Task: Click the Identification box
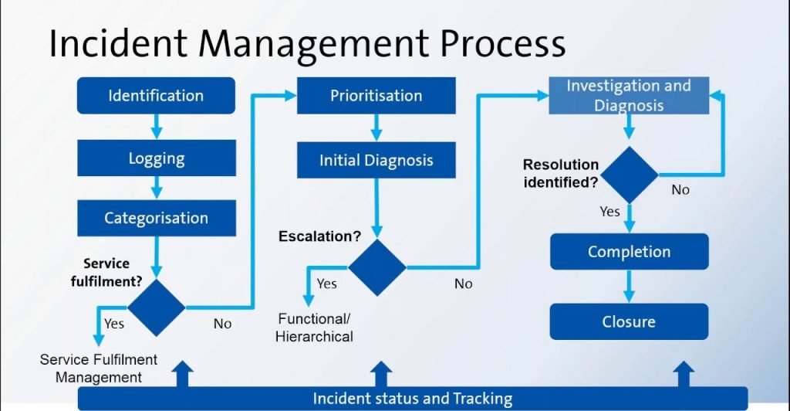pyautogui.click(x=156, y=96)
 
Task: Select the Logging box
pyautogui.click(x=156, y=159)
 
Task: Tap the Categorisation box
pyautogui.click(x=156, y=218)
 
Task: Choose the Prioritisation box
pyautogui.click(x=376, y=96)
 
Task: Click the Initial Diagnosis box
pyautogui.click(x=376, y=161)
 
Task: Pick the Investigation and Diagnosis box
pyautogui.click(x=628, y=96)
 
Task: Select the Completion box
pyautogui.click(x=629, y=252)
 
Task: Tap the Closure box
pyautogui.click(x=629, y=321)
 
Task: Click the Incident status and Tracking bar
pyautogui.click(x=413, y=399)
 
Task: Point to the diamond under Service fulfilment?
pyautogui.click(x=157, y=307)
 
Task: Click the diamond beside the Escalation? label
pyautogui.click(x=376, y=267)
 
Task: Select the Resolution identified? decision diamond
pyautogui.click(x=630, y=174)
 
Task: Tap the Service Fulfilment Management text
pyautogui.click(x=98, y=369)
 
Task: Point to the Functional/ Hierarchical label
pyautogui.click(x=316, y=328)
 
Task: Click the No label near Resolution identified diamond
pyautogui.click(x=680, y=190)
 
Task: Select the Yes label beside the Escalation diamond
pyautogui.click(x=327, y=284)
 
